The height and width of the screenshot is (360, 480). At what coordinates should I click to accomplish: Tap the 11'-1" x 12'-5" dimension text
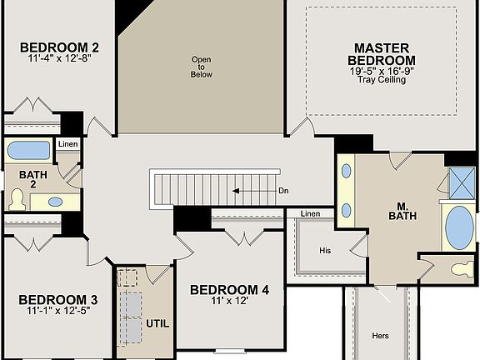(x=52, y=311)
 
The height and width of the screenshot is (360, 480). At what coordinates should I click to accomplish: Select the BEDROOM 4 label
(x=229, y=290)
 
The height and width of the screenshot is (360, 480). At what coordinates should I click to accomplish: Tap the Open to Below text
(x=202, y=67)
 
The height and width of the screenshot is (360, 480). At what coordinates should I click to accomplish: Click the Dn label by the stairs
(x=283, y=191)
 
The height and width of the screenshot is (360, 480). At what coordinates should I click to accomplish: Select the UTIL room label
(x=157, y=322)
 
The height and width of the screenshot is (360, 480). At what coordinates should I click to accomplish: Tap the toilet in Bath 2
(x=17, y=199)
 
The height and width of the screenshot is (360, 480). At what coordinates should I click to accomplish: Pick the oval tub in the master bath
(x=457, y=228)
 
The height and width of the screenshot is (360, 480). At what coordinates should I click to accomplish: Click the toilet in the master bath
(x=459, y=270)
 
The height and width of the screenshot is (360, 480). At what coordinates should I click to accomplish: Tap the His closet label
(x=326, y=250)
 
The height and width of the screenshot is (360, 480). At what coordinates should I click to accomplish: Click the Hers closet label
(x=380, y=336)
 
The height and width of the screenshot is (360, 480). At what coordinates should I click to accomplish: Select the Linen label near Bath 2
(x=67, y=145)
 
